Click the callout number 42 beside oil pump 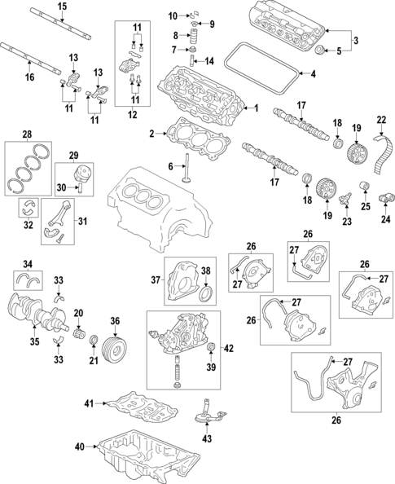click(229, 349)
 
